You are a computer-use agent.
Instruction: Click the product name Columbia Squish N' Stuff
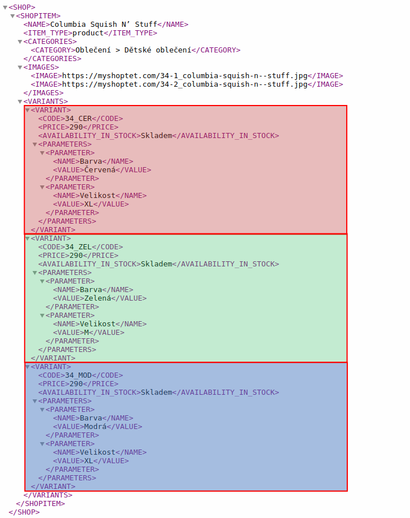click(104, 25)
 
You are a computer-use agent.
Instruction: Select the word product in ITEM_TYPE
click(88, 33)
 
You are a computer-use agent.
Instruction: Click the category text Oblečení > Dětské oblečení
click(133, 50)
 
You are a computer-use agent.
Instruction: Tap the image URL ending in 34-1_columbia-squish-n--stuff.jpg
click(185, 76)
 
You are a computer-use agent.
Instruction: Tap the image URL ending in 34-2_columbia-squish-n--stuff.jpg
click(185, 84)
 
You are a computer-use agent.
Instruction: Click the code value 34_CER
click(78, 119)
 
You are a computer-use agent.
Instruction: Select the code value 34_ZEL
click(78, 247)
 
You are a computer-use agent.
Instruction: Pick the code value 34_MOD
click(78, 375)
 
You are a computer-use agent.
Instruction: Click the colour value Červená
click(100, 170)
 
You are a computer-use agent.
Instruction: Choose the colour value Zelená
click(98, 298)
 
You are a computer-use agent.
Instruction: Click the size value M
click(87, 333)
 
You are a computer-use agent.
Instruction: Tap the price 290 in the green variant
click(76, 256)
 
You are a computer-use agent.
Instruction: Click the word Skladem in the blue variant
click(156, 392)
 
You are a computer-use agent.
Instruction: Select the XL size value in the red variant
click(89, 204)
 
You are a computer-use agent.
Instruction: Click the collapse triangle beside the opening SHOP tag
click(5, 7)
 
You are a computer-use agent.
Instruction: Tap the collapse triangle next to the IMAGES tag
click(20, 67)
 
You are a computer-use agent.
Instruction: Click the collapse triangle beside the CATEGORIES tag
click(20, 42)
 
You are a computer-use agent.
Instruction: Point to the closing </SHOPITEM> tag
click(40, 504)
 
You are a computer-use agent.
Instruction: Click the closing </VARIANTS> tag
click(48, 495)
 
